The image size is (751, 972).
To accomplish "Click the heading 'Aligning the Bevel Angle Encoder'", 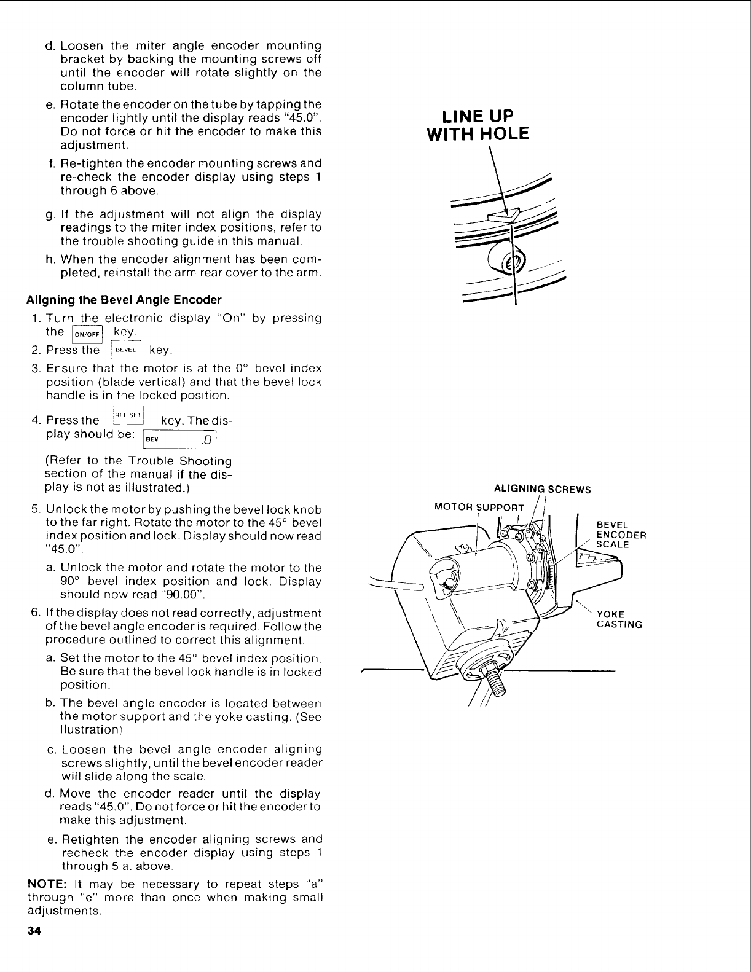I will [x=123, y=300].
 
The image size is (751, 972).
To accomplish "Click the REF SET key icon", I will [x=128, y=417].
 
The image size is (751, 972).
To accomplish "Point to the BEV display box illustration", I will [x=180, y=440].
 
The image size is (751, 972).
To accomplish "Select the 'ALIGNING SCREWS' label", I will [x=542, y=490].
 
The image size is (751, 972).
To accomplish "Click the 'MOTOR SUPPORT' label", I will [x=479, y=508].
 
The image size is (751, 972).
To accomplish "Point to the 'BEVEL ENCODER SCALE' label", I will [x=621, y=535].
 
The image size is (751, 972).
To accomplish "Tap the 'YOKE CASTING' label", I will [x=619, y=619].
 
